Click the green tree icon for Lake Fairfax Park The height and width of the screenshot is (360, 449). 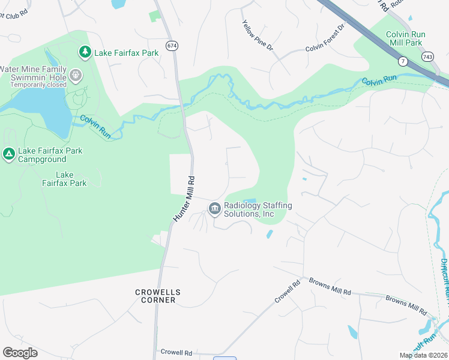[85, 53]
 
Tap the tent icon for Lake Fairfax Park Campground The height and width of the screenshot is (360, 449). [8, 154]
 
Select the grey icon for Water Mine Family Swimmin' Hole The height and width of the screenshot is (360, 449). [75, 76]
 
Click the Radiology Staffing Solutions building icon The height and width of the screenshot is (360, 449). [214, 209]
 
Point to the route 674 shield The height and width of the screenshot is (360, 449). [172, 46]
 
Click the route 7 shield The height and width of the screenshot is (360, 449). [403, 61]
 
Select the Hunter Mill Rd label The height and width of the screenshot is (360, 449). [185, 198]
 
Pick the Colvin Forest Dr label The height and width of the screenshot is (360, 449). [326, 38]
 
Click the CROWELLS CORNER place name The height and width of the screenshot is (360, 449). [157, 296]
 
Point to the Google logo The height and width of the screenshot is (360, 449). [20, 353]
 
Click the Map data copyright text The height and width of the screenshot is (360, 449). [423, 355]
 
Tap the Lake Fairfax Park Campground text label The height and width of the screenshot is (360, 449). [50, 155]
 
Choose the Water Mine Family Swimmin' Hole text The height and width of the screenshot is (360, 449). [33, 73]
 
